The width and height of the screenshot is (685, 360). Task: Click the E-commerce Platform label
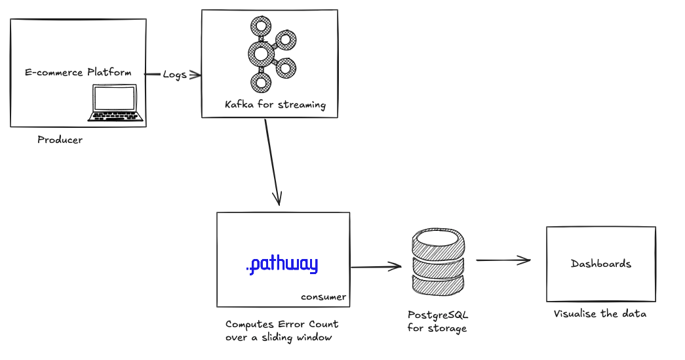click(78, 72)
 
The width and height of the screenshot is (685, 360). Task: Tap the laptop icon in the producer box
click(117, 103)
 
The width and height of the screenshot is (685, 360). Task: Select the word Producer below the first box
click(60, 140)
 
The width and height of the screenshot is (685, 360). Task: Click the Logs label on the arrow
click(174, 75)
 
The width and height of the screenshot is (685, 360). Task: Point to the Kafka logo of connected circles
click(269, 54)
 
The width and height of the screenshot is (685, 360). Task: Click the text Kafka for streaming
click(275, 105)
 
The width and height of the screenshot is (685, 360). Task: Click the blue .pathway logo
click(282, 265)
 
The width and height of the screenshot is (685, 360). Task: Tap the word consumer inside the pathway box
click(323, 297)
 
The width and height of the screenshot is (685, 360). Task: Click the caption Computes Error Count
click(282, 324)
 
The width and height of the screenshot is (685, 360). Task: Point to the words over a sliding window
click(279, 338)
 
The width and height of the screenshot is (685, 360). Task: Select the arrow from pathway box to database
click(376, 267)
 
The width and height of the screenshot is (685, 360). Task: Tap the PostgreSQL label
click(438, 315)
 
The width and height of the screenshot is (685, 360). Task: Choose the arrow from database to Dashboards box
click(503, 260)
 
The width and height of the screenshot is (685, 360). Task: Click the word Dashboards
click(601, 264)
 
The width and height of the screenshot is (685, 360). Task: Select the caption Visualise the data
click(600, 314)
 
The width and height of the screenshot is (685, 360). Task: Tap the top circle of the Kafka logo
click(262, 27)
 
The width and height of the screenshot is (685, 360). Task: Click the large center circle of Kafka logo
click(261, 54)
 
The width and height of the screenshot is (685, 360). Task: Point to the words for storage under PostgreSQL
click(437, 328)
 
